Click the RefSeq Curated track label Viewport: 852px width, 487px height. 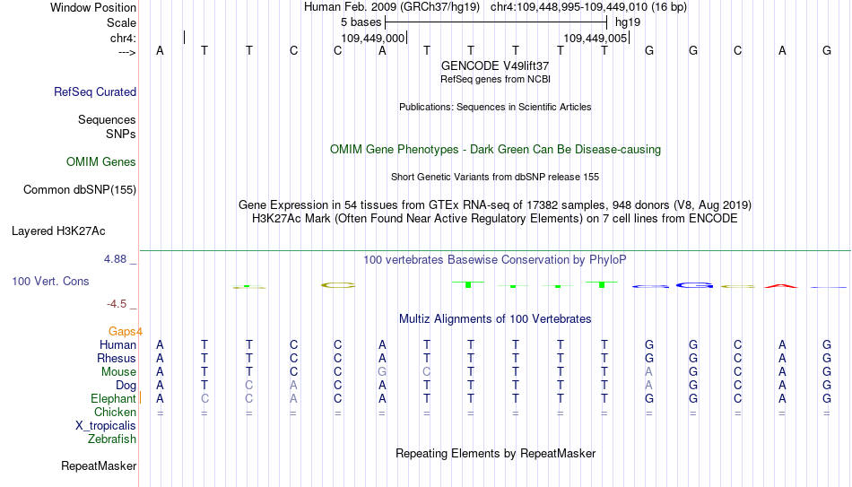pos(95,91)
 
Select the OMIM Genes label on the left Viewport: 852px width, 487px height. pos(101,162)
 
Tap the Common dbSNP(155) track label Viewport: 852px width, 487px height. pos(80,190)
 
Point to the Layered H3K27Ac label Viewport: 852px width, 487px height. pos(58,231)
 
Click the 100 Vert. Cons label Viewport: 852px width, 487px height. pos(50,281)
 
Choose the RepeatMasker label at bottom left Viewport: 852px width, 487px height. pos(99,465)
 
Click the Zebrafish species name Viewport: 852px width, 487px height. pos(112,439)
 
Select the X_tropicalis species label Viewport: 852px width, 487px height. pos(106,426)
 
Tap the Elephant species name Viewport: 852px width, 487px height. pos(113,398)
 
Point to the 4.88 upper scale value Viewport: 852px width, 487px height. pos(115,259)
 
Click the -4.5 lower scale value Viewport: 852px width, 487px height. pos(117,304)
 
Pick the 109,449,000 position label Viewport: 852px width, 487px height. pos(373,38)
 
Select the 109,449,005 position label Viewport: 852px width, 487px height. pos(595,38)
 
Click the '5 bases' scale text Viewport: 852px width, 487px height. pos(361,22)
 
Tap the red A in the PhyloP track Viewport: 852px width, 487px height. pos(781,286)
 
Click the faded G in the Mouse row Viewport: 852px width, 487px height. pos(382,372)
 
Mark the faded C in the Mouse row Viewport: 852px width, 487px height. pos(427,372)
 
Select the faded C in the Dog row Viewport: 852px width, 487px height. pos(248,386)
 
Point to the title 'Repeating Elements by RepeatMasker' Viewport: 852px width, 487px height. pos(496,453)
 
